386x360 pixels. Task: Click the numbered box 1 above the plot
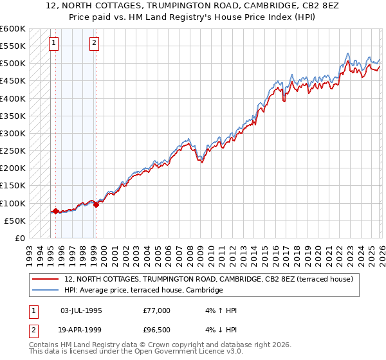53,43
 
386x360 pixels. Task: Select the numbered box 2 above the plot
94,43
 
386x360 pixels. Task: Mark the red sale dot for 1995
55,211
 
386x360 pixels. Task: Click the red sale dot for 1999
96,204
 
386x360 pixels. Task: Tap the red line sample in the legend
45,280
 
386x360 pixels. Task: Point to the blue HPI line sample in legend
45,291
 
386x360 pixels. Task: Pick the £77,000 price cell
157,310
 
